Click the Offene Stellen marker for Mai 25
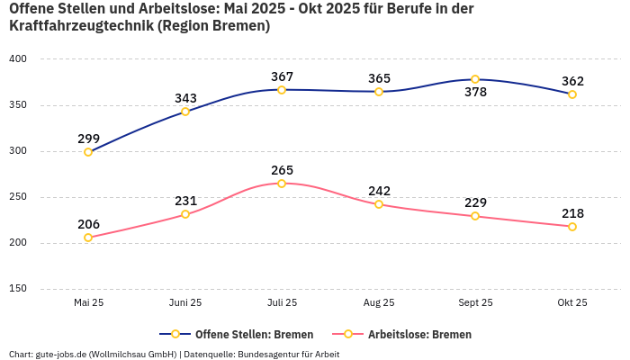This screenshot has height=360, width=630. click(x=88, y=152)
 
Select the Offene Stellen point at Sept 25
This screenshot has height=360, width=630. click(x=475, y=79)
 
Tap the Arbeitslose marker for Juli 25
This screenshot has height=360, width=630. click(x=282, y=184)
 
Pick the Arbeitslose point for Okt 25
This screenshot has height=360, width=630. click(x=572, y=227)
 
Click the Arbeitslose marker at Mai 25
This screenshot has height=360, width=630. click(x=88, y=238)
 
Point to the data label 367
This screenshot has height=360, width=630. click(x=282, y=76)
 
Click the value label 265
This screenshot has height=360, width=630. click(x=282, y=170)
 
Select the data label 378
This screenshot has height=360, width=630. click(x=475, y=93)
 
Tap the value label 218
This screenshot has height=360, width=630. click(x=572, y=213)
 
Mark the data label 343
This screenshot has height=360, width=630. click(x=185, y=98)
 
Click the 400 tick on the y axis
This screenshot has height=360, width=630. click(x=18, y=59)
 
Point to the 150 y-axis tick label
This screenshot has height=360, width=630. click(x=18, y=289)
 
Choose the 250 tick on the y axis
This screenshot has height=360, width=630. click(x=18, y=197)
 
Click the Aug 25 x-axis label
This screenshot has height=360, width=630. click(x=379, y=303)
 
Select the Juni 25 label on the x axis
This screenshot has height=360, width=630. click(x=185, y=303)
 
